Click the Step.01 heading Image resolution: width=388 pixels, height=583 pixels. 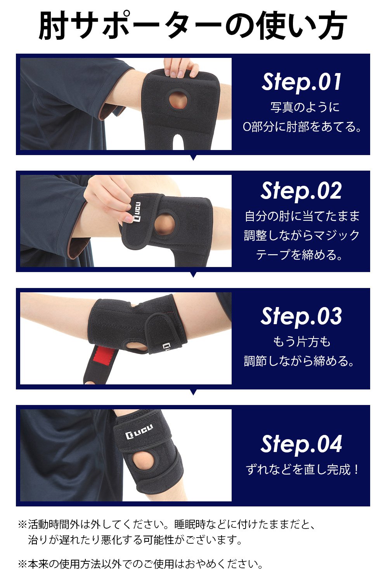coord(301,82)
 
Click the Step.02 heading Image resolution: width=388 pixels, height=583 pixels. coord(301,191)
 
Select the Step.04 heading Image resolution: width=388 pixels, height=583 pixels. coord(301,444)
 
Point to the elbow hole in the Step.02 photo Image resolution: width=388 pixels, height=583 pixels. coord(165,223)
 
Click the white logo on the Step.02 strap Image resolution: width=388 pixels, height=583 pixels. coord(137,211)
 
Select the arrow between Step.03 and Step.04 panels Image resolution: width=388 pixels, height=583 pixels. coord(193,392)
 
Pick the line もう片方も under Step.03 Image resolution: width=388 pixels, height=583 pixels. coord(301,342)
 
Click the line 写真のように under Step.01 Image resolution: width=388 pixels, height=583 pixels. coord(305,107)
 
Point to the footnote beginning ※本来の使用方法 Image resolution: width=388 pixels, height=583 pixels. coord(140,564)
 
